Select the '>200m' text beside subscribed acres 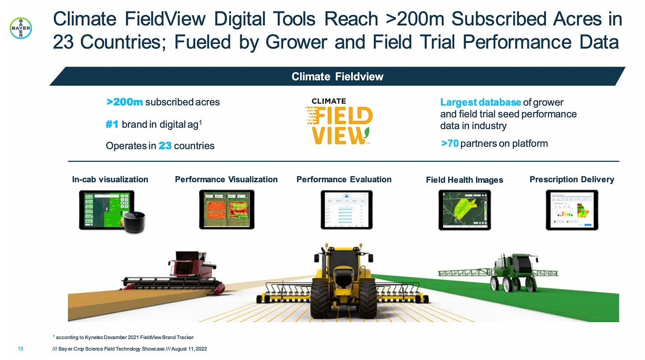coord(125,102)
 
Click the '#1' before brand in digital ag coord(112,124)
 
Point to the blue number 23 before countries coord(165,146)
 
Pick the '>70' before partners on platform coord(449,143)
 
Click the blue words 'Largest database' coord(480,102)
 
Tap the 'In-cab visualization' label coord(110,180)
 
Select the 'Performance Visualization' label coord(226,180)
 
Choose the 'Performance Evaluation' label coord(343,180)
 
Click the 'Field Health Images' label coord(464,180)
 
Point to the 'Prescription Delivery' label coord(571,180)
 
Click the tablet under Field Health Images coord(464,210)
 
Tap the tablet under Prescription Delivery coord(572,210)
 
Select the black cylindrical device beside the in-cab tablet coord(134,222)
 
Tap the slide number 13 coord(20,348)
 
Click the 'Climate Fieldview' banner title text coord(337,76)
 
